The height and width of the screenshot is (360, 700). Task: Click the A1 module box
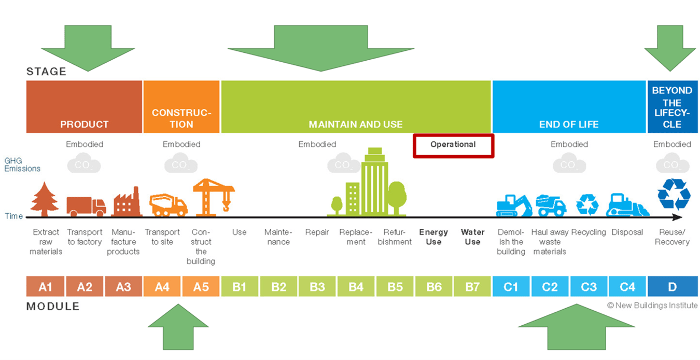(46, 286)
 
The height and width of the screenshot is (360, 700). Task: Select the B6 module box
(433, 286)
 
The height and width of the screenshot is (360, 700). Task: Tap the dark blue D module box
(672, 286)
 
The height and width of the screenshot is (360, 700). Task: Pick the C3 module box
(589, 286)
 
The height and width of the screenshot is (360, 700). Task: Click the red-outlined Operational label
(453, 145)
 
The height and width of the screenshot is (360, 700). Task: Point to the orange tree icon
(46, 199)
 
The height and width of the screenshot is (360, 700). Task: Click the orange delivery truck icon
(86, 205)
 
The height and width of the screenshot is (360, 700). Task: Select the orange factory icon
(127, 202)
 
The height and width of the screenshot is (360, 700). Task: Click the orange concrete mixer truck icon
(168, 205)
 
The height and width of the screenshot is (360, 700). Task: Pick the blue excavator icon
(513, 205)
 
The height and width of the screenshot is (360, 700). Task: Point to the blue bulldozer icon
(627, 205)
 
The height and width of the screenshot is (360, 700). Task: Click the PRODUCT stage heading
(84, 124)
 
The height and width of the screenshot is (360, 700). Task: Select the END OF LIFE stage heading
(569, 124)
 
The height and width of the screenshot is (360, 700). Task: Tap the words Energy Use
(433, 237)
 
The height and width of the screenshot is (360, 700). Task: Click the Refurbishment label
(395, 237)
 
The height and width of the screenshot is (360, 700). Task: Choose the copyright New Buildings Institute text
(652, 306)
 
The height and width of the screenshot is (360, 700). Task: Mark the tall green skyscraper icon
(374, 182)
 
